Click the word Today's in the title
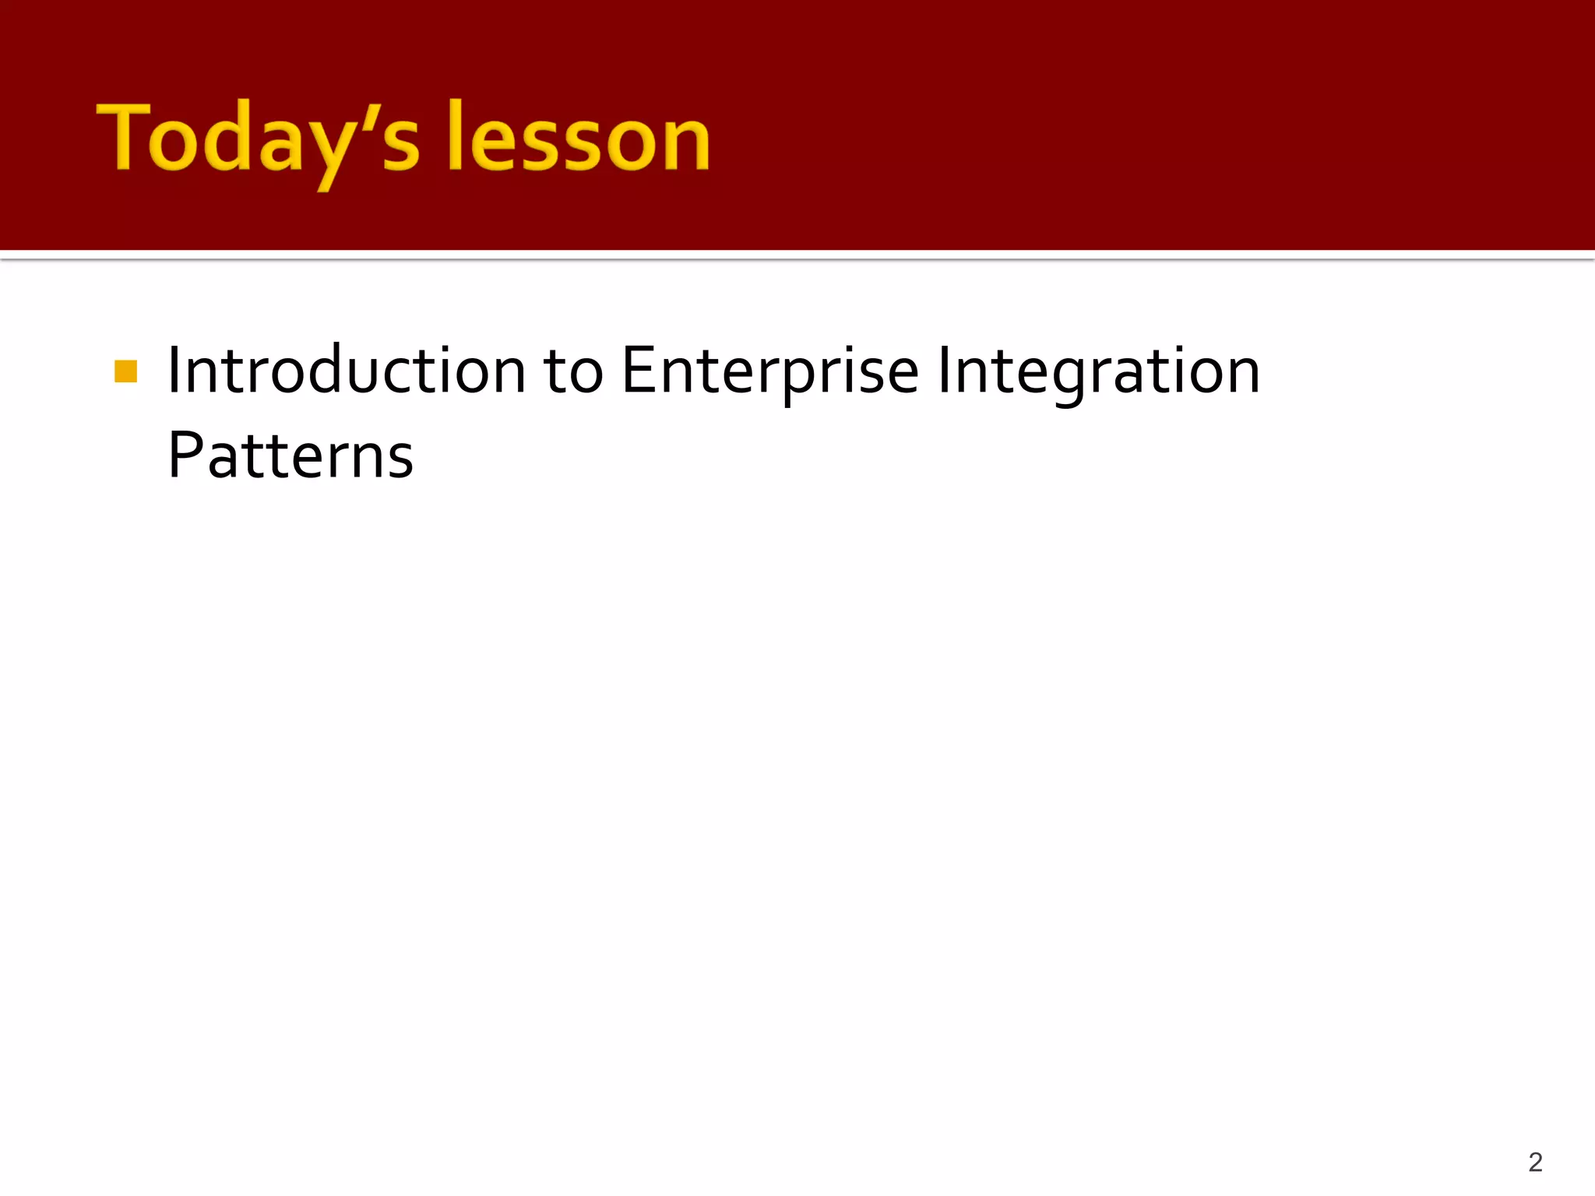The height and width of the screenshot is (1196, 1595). (x=257, y=140)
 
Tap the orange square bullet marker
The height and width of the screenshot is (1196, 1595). (x=125, y=371)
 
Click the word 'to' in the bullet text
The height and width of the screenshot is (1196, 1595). (x=573, y=372)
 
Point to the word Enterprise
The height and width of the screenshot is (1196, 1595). (x=769, y=372)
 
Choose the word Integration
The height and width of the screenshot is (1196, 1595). (x=1098, y=372)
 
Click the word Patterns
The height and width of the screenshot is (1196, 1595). (x=290, y=456)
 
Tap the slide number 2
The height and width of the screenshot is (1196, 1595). (x=1535, y=1162)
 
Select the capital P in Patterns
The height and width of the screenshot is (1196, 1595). (x=185, y=456)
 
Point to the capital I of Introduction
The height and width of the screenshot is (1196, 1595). (x=174, y=371)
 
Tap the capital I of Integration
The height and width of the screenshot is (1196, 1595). (x=944, y=371)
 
